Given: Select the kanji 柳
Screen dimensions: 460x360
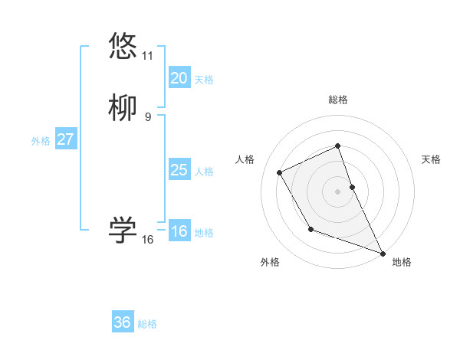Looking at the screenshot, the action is pos(123,108).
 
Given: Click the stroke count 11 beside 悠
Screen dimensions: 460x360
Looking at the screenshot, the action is pos(147,56).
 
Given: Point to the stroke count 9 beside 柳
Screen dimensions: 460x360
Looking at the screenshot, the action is pos(147,117).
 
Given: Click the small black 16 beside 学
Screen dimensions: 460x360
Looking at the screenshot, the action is pos(147,240).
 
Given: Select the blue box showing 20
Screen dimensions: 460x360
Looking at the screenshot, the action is pos(179,78).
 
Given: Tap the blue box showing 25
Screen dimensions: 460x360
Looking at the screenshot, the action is pos(179,170).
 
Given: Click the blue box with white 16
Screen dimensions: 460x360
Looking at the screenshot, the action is pos(179,231).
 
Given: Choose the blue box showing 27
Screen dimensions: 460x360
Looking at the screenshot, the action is pos(65,139).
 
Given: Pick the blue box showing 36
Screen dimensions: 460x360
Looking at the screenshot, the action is pos(122,322).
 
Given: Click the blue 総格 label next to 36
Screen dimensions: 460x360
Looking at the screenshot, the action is pos(147,324).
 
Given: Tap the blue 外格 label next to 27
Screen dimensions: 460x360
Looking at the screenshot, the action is pos(41,141).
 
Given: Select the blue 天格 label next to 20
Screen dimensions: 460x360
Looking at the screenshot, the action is pos(204,80).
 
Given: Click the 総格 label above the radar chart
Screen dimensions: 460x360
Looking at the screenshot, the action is pos(337,100).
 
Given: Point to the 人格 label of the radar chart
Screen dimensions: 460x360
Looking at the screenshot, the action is pos(245,159).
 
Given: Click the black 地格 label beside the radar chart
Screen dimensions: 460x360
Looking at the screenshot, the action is pos(402,262).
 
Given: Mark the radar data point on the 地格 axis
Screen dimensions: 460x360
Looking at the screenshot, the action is pos(383,254).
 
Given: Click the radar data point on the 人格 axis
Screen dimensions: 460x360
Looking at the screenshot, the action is pos(280,172).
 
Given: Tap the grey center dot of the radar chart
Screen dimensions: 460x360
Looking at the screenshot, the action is pos(337,191).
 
